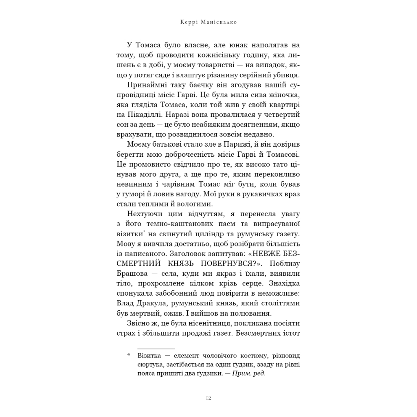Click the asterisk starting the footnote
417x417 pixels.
128,355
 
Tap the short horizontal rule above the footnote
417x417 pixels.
156,349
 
